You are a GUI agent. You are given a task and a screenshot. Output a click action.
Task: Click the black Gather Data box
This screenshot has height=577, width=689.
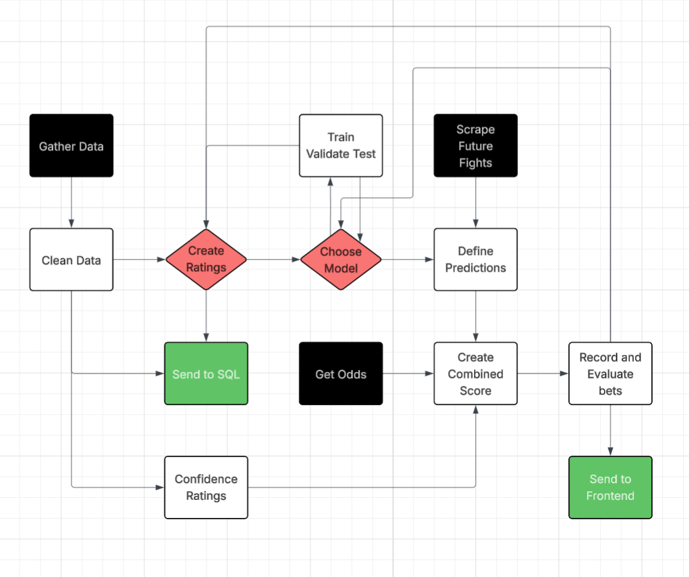tap(71, 145)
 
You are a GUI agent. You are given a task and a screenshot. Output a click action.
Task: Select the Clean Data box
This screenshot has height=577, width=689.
tap(71, 260)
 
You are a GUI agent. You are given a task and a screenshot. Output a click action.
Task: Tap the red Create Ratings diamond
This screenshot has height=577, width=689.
tap(206, 260)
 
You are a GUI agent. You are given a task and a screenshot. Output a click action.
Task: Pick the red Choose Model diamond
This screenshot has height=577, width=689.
tap(341, 260)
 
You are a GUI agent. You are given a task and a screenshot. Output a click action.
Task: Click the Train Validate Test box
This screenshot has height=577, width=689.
tap(341, 145)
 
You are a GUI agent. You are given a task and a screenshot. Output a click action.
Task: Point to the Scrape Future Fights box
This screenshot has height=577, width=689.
tap(475, 145)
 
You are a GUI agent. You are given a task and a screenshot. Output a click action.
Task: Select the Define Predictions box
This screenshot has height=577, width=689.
tap(475, 260)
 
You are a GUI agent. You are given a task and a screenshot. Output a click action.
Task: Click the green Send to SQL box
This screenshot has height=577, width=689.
tap(206, 374)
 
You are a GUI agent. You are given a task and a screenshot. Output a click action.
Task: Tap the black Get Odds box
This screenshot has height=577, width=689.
tap(341, 374)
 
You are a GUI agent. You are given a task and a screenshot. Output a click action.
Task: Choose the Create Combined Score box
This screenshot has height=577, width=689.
tap(475, 374)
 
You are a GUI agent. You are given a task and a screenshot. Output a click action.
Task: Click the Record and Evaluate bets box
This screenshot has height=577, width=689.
tap(610, 374)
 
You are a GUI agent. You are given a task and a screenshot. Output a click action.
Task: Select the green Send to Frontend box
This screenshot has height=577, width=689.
tap(610, 487)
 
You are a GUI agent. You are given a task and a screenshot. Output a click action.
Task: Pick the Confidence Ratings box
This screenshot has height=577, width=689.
tap(206, 487)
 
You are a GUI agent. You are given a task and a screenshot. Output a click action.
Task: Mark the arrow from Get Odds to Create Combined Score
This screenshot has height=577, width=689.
tap(408, 374)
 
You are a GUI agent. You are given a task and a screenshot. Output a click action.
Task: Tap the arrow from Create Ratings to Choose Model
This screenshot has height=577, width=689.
tap(273, 260)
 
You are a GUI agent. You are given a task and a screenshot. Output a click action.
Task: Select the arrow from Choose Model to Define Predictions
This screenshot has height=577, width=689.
tap(408, 260)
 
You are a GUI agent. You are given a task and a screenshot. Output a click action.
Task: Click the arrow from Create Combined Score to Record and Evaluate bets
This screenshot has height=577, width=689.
tap(543, 374)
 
